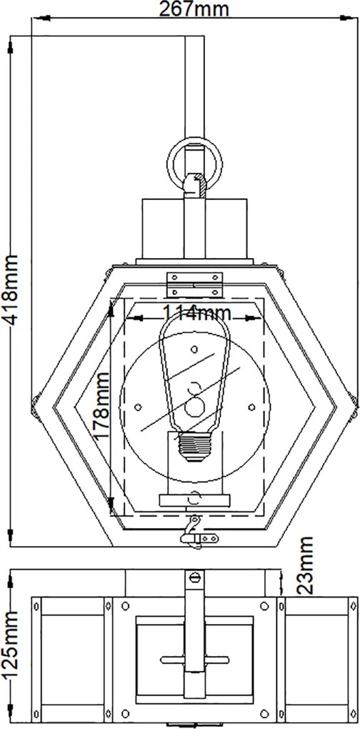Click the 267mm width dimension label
[x=194, y=9]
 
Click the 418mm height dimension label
[x=10, y=289]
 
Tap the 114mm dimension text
[x=196, y=314]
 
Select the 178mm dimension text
[x=101, y=405]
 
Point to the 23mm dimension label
[x=304, y=565]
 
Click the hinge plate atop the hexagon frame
[x=194, y=284]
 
